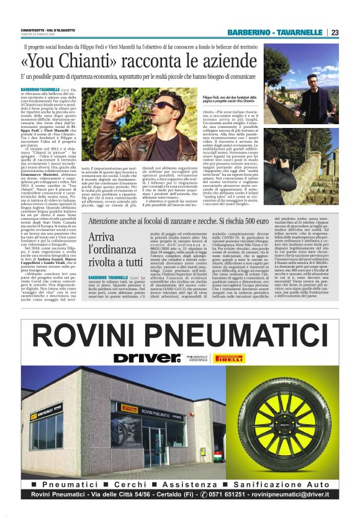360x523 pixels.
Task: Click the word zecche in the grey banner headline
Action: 225,222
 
